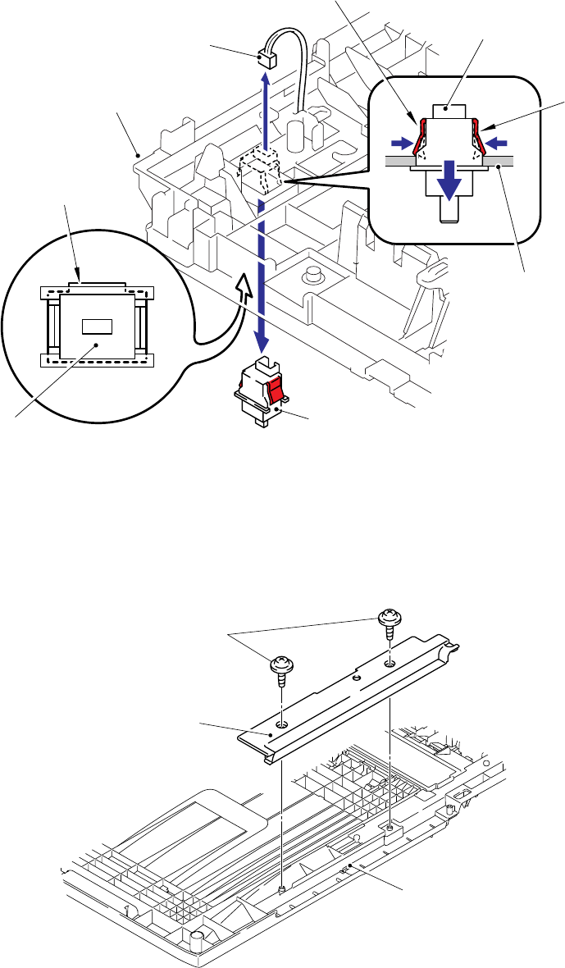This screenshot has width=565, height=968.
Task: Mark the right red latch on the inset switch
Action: click(x=474, y=135)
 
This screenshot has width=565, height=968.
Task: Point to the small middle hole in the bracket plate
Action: click(x=356, y=678)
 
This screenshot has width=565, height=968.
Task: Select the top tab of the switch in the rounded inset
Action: click(x=448, y=107)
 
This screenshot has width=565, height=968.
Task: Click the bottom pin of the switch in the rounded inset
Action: click(x=448, y=212)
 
